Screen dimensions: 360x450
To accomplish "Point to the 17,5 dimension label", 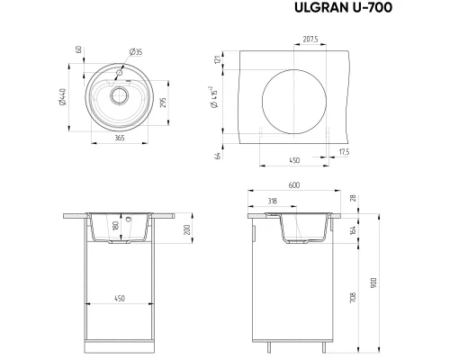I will point(344,152).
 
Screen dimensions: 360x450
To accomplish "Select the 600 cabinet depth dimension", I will point(293,186).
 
